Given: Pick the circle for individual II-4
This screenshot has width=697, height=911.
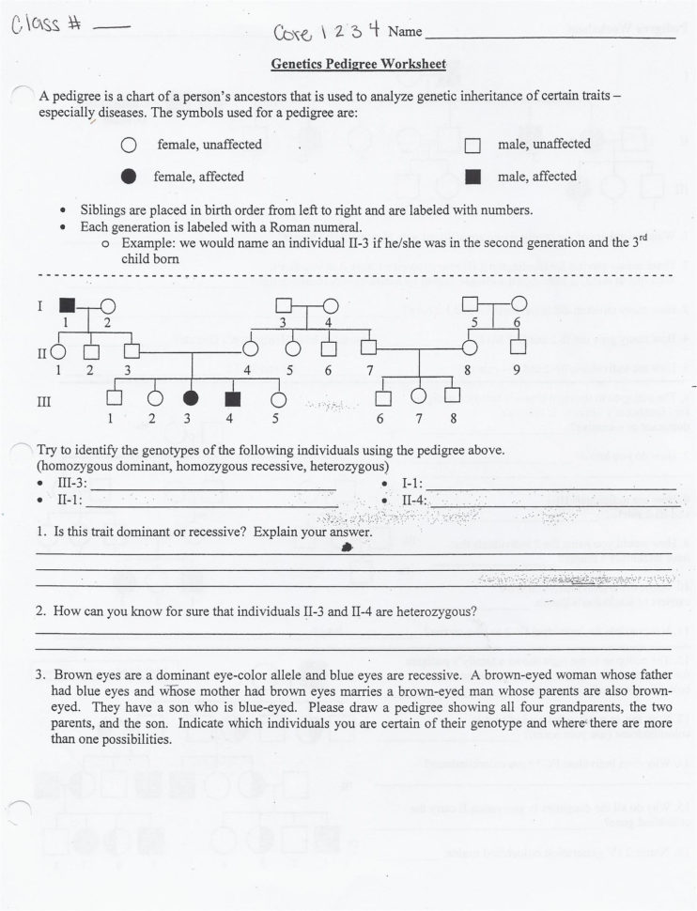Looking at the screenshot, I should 251,349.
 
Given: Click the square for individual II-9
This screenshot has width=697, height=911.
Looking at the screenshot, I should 517,348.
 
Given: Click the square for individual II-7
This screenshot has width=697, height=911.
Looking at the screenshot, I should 369,348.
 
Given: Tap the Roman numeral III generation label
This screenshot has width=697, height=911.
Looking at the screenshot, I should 43,401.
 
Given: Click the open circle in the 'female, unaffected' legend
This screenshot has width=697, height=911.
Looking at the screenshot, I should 129,146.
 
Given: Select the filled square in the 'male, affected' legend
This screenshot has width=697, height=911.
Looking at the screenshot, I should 473,177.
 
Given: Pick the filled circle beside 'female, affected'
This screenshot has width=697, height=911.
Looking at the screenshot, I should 129,177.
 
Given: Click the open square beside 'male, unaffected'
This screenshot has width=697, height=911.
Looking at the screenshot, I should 473,146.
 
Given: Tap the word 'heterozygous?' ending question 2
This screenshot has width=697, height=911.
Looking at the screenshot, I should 434,610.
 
